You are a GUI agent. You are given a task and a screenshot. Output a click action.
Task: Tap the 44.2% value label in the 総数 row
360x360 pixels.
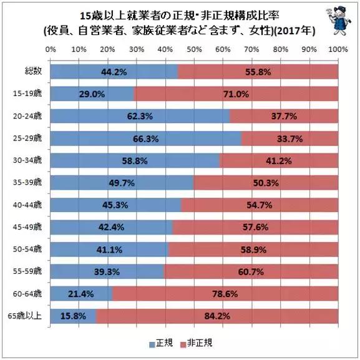click(x=114, y=72)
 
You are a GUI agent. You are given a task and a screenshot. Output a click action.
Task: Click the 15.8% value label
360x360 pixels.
click(x=74, y=317)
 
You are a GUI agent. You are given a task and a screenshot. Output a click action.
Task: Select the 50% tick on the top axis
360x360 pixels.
click(x=194, y=49)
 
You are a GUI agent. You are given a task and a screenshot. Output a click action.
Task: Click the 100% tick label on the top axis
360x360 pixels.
click(x=338, y=49)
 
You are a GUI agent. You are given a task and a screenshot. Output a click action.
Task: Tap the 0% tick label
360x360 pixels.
click(x=51, y=49)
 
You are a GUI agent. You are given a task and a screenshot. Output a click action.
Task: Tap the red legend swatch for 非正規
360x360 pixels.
click(x=182, y=344)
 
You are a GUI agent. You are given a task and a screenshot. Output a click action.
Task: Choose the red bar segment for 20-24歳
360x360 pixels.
click(x=284, y=116)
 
